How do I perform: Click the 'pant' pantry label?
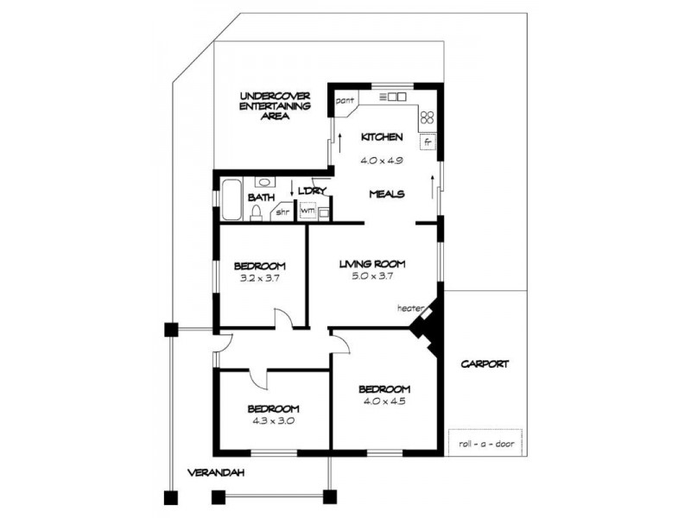[x=345, y=101]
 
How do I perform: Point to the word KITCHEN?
[x=382, y=137]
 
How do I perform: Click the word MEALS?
[x=386, y=194]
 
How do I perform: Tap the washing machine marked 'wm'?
[x=307, y=210]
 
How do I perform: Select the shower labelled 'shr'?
[x=282, y=211]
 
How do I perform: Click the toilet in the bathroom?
[x=257, y=212]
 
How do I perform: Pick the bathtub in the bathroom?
[x=231, y=199]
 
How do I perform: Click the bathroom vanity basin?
[x=263, y=182]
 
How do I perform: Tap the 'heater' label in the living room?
[x=409, y=307]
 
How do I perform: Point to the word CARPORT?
[x=484, y=363]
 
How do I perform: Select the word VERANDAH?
[x=216, y=472]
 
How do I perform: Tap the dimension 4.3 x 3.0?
[x=273, y=421]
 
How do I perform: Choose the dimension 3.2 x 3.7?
[x=259, y=279]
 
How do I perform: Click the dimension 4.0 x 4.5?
[x=384, y=401]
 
